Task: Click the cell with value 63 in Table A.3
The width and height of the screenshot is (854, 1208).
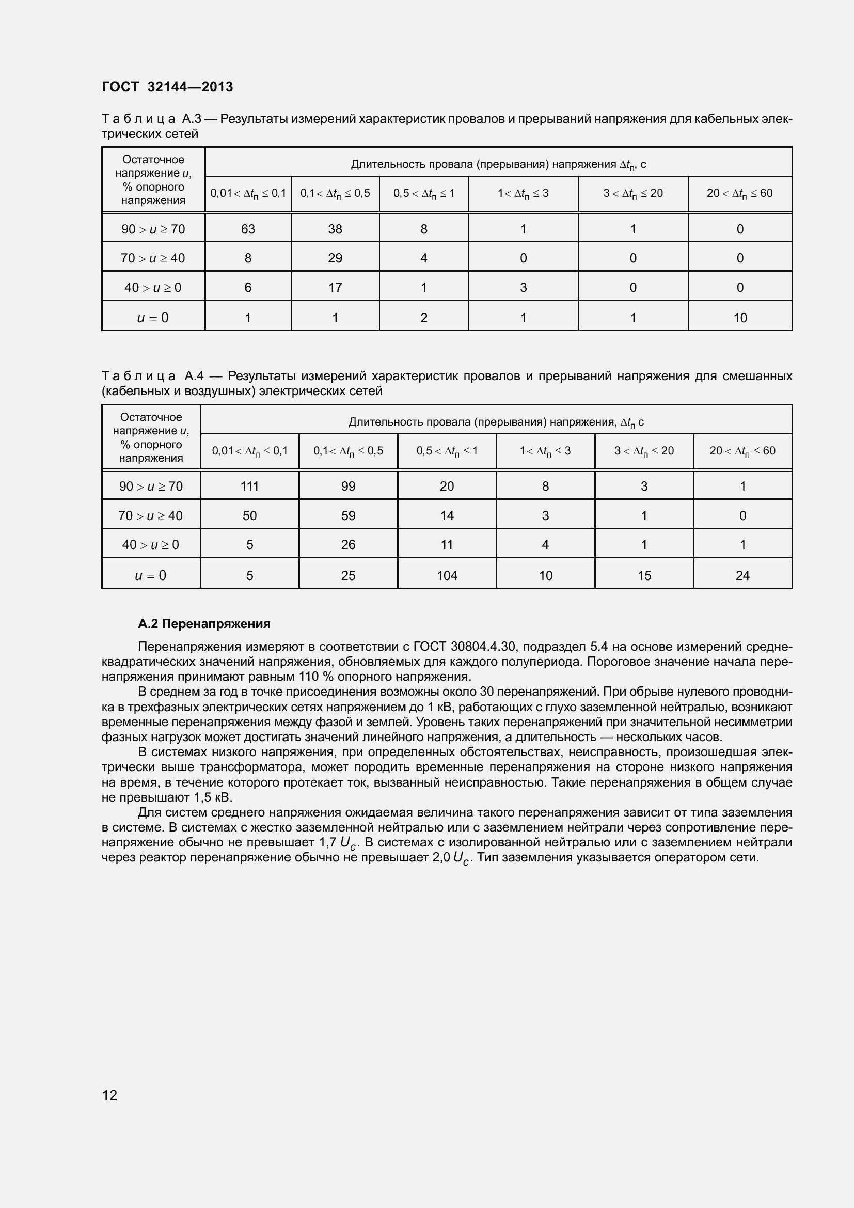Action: (248, 229)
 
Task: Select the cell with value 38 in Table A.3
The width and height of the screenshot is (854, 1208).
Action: (335, 229)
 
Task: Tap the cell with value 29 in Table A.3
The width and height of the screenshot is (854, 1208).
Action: (335, 258)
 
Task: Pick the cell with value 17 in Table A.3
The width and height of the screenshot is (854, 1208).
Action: (335, 287)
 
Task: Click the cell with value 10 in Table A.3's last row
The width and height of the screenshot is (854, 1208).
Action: (740, 318)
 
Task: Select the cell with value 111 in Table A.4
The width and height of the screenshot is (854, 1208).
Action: (249, 486)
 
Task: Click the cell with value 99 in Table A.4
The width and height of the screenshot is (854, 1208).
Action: (348, 486)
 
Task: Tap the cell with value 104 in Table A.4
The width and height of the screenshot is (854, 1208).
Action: (447, 575)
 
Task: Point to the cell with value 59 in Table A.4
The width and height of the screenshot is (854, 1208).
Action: (348, 515)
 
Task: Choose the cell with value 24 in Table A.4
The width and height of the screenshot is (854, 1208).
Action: (742, 575)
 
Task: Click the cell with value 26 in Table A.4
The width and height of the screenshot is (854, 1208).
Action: (348, 544)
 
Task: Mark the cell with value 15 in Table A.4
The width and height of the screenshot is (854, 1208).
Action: (644, 575)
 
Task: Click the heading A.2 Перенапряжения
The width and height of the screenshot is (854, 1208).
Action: (204, 624)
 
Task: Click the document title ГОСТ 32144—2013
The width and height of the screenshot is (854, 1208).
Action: (167, 87)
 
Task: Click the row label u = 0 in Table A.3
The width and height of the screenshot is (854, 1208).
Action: (152, 318)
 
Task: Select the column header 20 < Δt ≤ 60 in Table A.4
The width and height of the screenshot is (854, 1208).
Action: (742, 451)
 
